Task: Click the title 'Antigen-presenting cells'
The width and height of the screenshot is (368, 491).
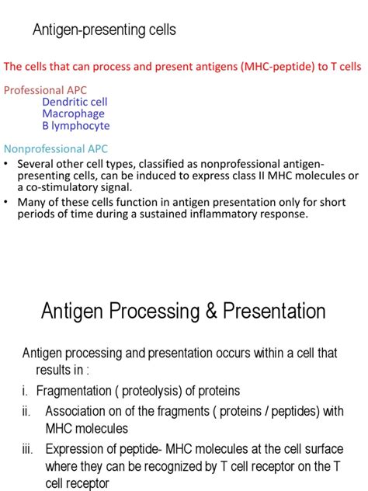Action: (x=104, y=30)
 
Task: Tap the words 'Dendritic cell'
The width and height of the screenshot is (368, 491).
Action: (x=75, y=102)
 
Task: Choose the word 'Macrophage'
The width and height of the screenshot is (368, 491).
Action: (x=73, y=113)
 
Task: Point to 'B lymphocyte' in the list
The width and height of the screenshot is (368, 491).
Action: (x=76, y=126)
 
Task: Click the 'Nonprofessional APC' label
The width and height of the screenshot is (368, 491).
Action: (x=56, y=148)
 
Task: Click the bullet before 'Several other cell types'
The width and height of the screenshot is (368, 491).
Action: (x=7, y=164)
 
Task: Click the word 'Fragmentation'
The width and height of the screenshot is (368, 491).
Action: (x=74, y=390)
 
